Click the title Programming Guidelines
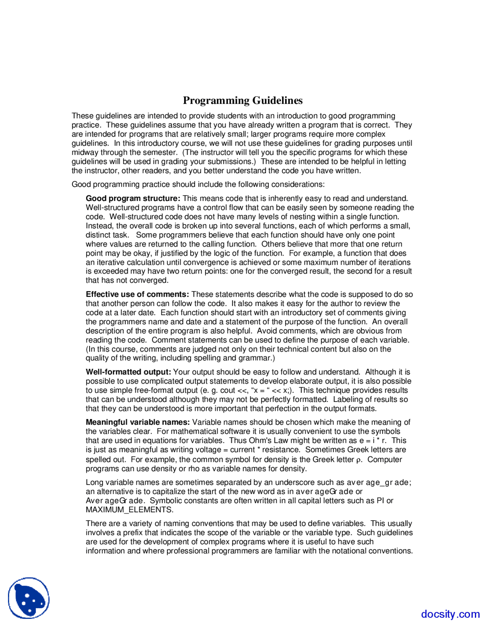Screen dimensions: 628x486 click(x=243, y=100)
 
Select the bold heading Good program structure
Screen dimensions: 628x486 click(x=133, y=198)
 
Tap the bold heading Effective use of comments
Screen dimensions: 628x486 click(x=137, y=294)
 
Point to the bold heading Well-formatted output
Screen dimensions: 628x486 click(x=128, y=372)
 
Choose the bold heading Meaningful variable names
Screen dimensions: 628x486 click(x=138, y=422)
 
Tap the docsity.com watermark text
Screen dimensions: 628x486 click(x=450, y=614)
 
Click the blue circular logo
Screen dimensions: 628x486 click(x=29, y=598)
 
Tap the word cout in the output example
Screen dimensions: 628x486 click(x=228, y=390)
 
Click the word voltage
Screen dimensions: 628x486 click(x=207, y=450)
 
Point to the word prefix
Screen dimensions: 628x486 click(x=129, y=532)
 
